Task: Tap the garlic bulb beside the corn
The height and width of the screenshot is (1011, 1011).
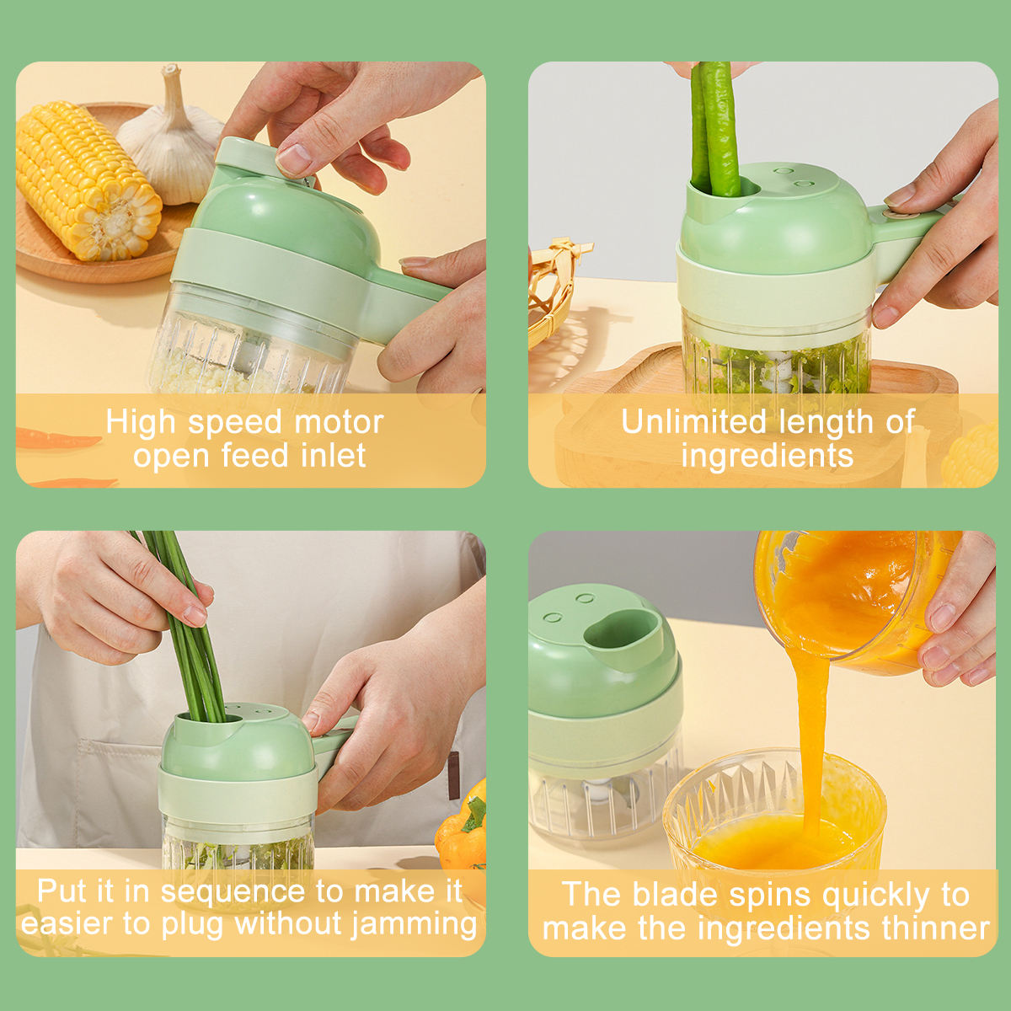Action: (x=173, y=143)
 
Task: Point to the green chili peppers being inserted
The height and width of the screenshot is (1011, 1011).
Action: (x=715, y=126)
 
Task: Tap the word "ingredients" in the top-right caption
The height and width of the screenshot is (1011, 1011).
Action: (x=767, y=456)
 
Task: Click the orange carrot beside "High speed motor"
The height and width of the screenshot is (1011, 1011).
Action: (x=55, y=440)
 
